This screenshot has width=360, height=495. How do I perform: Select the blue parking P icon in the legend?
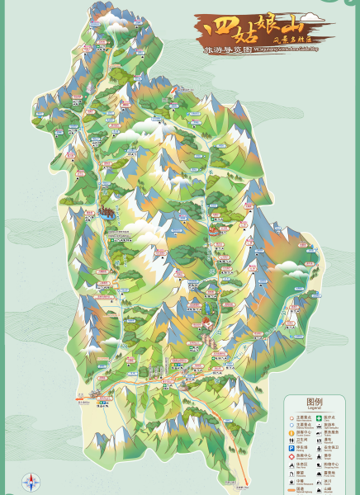[x=291, y=449]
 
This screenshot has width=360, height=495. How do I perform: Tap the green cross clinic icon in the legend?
[x=319, y=418]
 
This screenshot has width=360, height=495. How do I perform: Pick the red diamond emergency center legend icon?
[x=291, y=457]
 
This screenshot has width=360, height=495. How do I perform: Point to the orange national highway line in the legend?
[x=291, y=490]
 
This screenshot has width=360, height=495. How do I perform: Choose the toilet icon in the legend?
[x=291, y=441]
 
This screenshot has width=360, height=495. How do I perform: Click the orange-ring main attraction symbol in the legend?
[x=291, y=418]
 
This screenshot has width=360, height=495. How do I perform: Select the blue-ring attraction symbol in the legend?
[x=291, y=426]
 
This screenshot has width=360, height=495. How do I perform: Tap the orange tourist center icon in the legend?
[x=291, y=433]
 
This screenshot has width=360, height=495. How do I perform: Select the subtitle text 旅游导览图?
[x=226, y=49]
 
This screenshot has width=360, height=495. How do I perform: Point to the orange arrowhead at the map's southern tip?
[x=246, y=483]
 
